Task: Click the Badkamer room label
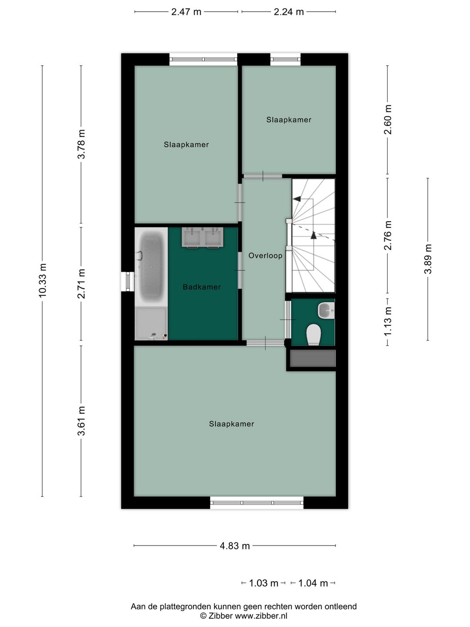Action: tap(202, 287)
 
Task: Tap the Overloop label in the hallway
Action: tap(265, 255)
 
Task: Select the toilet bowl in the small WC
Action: tap(314, 334)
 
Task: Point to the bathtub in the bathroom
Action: tap(151, 267)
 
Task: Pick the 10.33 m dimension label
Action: tap(43, 280)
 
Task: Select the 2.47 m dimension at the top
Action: tap(186, 12)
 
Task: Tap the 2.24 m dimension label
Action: tap(289, 12)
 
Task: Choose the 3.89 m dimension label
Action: tap(428, 259)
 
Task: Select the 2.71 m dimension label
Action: tap(81, 283)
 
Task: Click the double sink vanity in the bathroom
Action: tap(202, 237)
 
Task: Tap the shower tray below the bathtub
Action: tap(151, 324)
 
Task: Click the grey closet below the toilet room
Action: tap(313, 358)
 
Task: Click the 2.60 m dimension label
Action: tap(387, 119)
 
